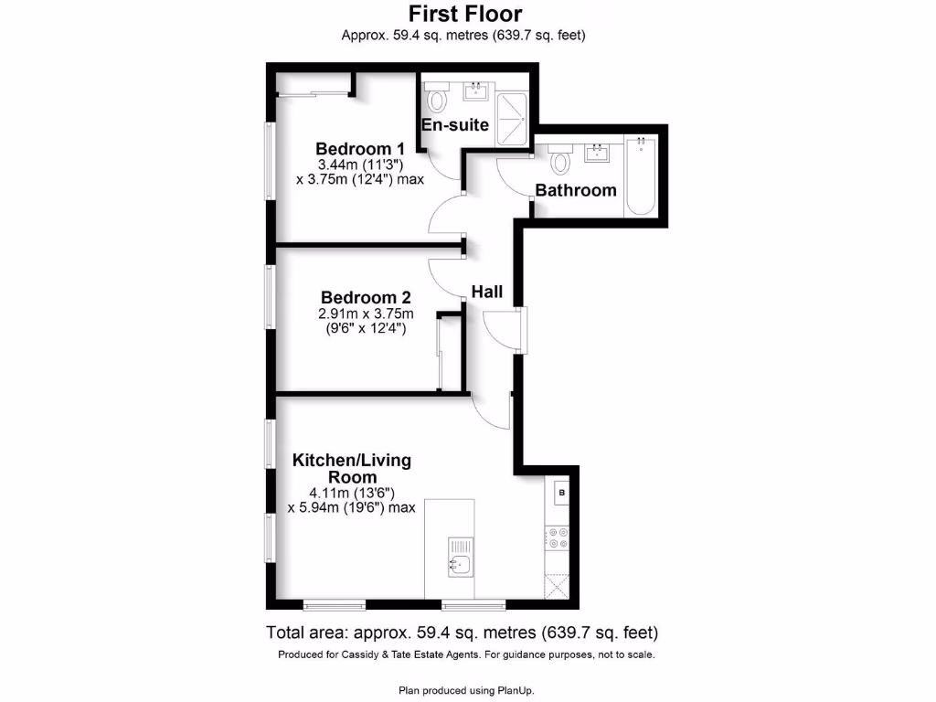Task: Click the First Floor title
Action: pyautogui.click(x=464, y=14)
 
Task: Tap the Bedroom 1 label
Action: pyautogui.click(x=360, y=149)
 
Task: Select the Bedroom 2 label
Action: pyautogui.click(x=366, y=298)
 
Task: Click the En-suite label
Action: pyautogui.click(x=455, y=124)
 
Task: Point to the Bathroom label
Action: pyautogui.click(x=576, y=190)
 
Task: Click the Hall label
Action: pyautogui.click(x=487, y=292)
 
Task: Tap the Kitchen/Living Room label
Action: pyautogui.click(x=351, y=468)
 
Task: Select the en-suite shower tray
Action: pyautogui.click(x=513, y=113)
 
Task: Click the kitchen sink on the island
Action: pyautogui.click(x=461, y=565)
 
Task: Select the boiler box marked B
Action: pyautogui.click(x=561, y=494)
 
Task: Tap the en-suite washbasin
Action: pyautogui.click(x=477, y=90)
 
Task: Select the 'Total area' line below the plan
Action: pyautogui.click(x=463, y=633)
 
